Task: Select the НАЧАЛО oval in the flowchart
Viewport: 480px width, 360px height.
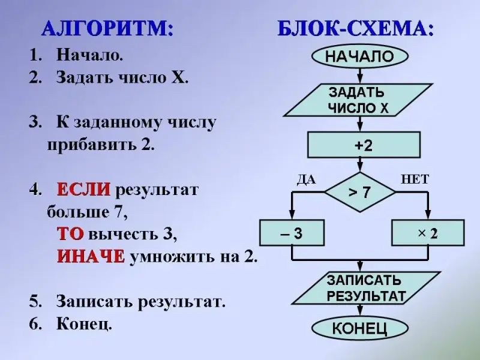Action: (x=359, y=57)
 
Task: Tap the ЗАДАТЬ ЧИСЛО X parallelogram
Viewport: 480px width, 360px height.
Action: (x=359, y=100)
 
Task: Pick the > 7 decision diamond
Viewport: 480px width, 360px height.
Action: (x=359, y=193)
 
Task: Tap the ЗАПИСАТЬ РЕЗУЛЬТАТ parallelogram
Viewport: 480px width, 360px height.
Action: (x=359, y=288)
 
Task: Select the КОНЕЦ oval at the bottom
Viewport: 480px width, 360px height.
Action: (x=359, y=328)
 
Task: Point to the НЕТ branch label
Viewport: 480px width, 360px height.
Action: (x=415, y=179)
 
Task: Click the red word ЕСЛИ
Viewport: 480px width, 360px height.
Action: (x=83, y=190)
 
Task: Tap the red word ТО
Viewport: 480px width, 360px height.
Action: (x=70, y=234)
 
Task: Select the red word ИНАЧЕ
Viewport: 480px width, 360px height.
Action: (x=91, y=257)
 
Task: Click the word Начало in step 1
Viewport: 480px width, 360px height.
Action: (x=89, y=56)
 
